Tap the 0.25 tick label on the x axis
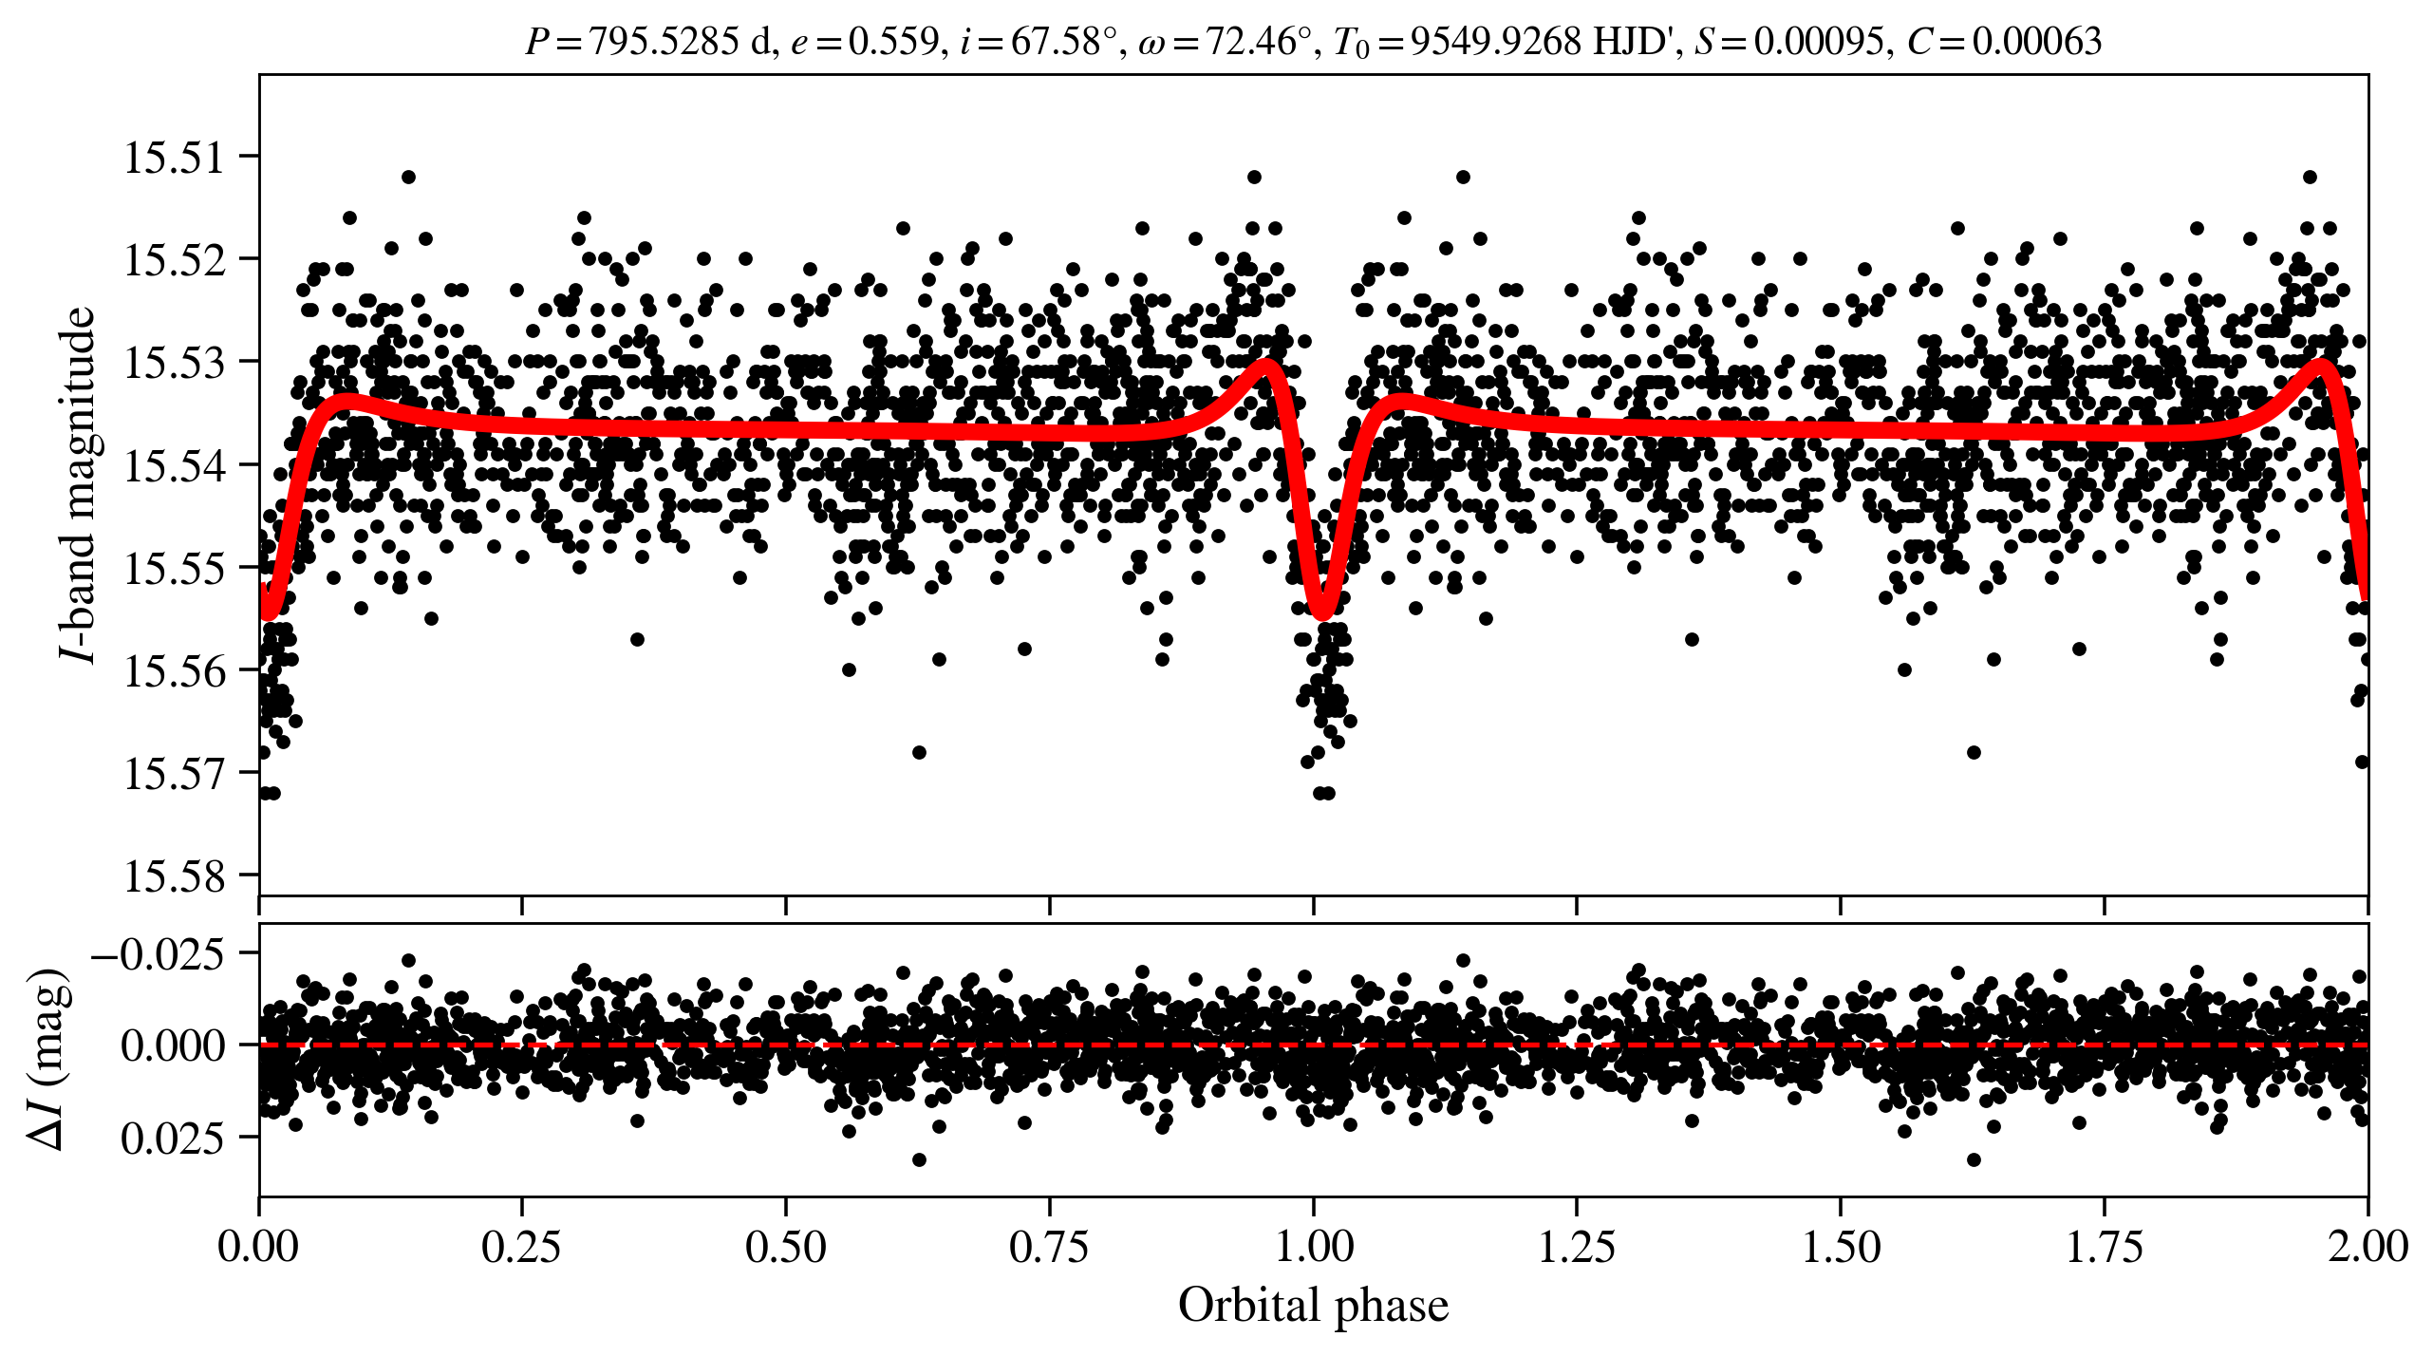[521, 1246]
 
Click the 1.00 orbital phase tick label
[1314, 1246]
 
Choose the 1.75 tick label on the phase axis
[2105, 1246]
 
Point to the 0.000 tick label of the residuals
[173, 1045]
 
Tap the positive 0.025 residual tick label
[173, 1137]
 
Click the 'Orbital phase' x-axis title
[1314, 1305]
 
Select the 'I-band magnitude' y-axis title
[78, 484]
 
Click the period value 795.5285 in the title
[664, 41]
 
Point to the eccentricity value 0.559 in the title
[892, 41]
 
